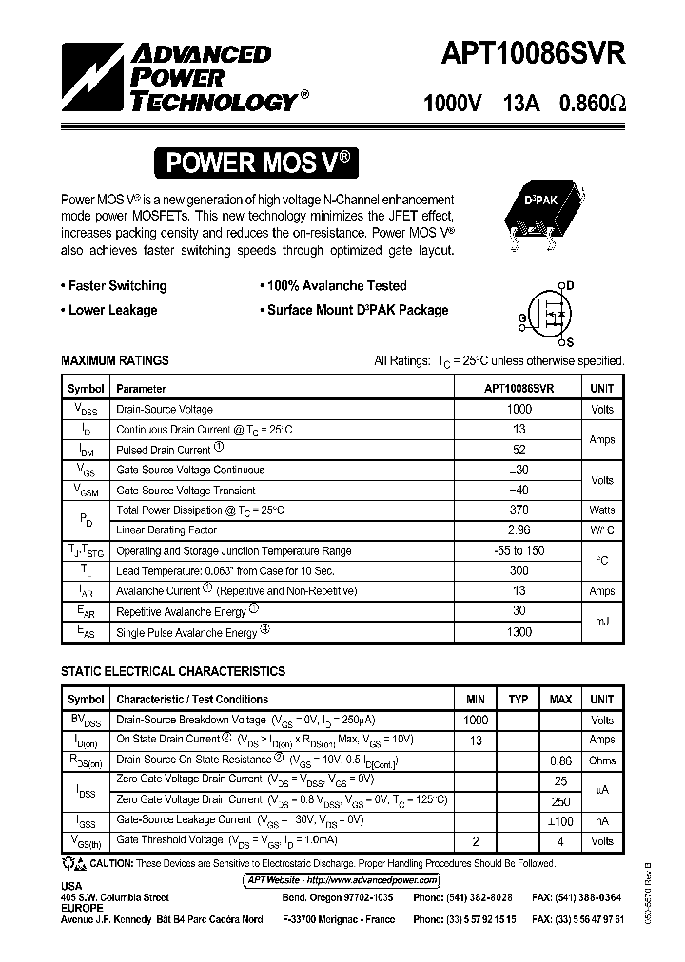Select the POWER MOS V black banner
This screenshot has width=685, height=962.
coord(259,163)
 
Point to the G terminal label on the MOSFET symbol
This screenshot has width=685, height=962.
coord(522,317)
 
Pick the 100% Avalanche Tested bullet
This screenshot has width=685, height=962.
coord(336,286)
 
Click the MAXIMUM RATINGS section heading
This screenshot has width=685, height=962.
coord(115,361)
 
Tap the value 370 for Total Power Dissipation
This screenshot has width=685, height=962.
coord(519,510)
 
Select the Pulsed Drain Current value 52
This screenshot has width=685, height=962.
coord(519,450)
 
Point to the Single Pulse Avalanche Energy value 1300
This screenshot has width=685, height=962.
coord(519,632)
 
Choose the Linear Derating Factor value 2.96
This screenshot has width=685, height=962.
coord(519,530)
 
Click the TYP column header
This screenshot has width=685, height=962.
coord(518,700)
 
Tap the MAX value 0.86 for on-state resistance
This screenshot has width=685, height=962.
coord(560,760)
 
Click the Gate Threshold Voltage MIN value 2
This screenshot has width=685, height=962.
coord(476,841)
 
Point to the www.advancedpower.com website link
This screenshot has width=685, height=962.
coord(342,880)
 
